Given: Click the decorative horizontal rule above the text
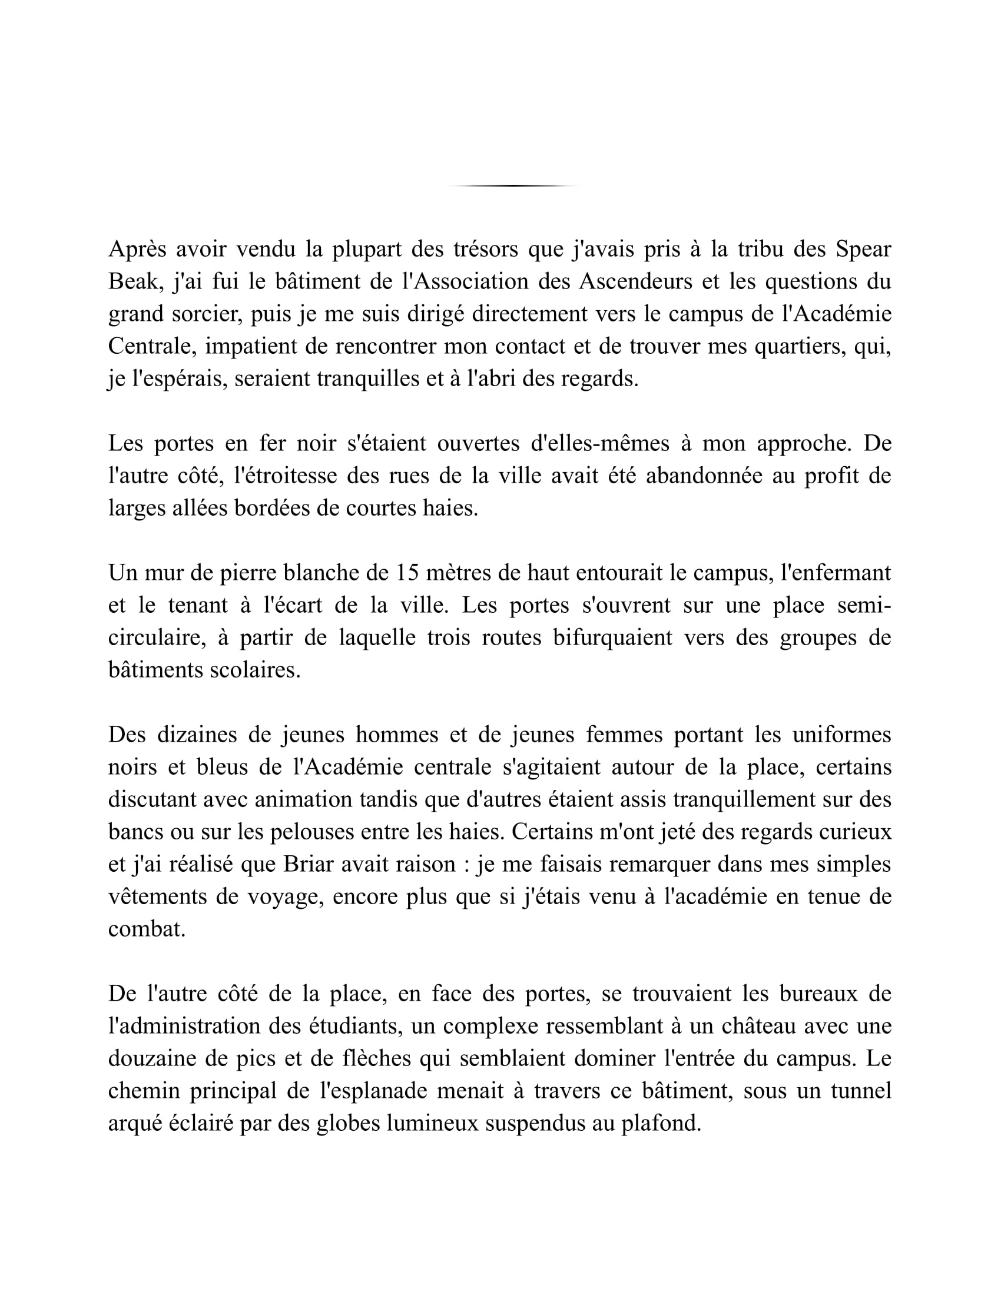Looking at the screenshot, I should click(513, 185).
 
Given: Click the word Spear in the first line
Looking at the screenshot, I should click(863, 250).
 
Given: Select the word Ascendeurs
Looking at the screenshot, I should click(635, 281).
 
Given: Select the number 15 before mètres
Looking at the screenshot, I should click(407, 573).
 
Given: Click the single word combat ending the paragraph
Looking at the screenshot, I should click(147, 929).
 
